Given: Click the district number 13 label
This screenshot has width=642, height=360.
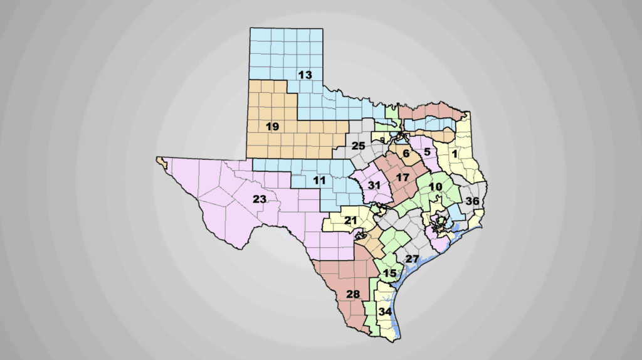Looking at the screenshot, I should pos(305,75).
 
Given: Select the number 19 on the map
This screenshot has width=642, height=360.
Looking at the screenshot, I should pos(272,127).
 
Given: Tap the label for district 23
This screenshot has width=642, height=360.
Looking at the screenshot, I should pos(260,199).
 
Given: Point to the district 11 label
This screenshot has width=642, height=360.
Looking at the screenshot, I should pos(319,181).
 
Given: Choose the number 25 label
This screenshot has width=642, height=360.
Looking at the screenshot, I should pos(358,146).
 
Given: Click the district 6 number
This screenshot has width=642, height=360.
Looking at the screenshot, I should pos(406,154).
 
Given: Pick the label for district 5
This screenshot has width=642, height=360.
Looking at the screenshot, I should pos(426,151).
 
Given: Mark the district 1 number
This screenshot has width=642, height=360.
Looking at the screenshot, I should pos(455,152).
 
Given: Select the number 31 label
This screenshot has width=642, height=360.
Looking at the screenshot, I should pos(374,185).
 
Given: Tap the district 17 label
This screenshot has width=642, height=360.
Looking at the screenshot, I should pos(403,177).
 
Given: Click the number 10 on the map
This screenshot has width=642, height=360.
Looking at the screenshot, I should pos(435,186).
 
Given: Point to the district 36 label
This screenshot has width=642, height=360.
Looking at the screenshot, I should pos(472,201).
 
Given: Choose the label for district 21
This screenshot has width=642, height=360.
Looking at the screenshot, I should pos(350,220).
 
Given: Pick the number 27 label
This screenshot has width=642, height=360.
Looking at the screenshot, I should pos(411,259).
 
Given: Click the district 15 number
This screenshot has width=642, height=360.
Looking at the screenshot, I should pos(389,273).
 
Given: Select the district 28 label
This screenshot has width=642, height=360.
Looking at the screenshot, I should pos(353,295).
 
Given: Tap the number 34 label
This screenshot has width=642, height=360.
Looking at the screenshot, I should pos(385,312).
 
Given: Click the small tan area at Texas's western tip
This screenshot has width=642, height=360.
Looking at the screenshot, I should pos(162,162).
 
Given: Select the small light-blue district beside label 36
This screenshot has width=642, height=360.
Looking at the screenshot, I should pos(456,213).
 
